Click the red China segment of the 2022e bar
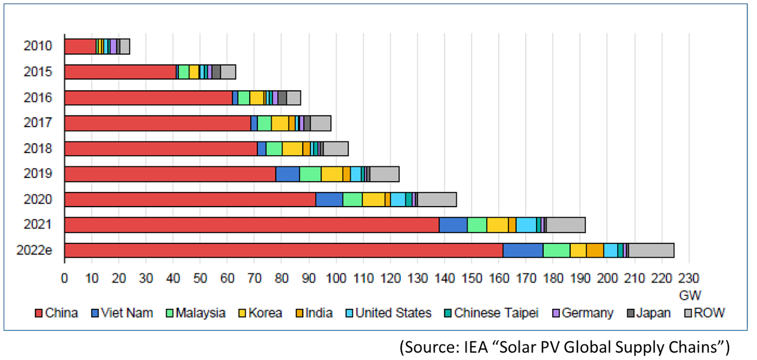284,250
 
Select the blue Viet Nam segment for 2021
453,225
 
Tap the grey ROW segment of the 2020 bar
437,200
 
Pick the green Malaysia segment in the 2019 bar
310,174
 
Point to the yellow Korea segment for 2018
292,149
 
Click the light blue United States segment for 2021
526,225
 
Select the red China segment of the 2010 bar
80,46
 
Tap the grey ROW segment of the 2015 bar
228,72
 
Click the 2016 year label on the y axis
38,97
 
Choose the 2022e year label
34,250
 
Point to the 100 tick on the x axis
336,278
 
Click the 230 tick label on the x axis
688,278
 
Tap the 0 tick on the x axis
64,278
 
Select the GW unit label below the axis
690,296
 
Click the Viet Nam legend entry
122,313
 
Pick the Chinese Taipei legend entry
492,313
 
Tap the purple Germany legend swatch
556,313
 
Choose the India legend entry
314,313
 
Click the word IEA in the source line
475,347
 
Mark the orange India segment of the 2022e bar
595,250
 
